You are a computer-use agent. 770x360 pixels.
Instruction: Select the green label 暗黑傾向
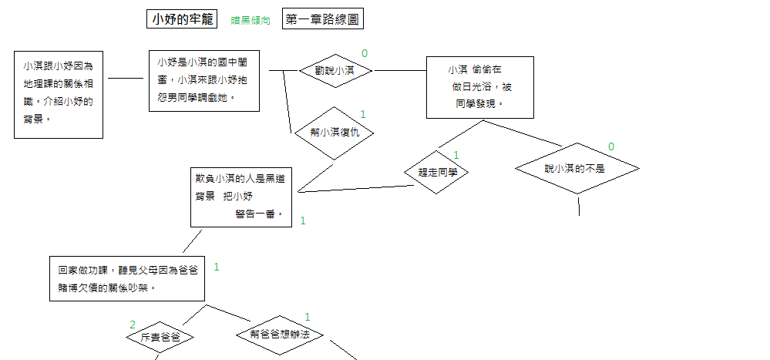(x=251, y=21)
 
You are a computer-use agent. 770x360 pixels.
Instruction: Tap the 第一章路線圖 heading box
(x=322, y=20)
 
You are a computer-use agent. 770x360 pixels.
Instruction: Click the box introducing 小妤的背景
(x=59, y=94)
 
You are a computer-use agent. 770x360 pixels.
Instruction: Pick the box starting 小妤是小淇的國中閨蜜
(x=203, y=81)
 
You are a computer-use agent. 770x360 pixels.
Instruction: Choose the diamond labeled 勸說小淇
(x=335, y=71)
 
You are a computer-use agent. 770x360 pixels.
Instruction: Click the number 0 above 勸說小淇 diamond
(x=365, y=53)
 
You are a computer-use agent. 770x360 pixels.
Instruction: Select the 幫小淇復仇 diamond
(x=334, y=133)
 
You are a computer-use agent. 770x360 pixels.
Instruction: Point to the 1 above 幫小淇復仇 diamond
(x=362, y=114)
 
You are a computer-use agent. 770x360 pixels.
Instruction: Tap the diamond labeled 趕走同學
(x=437, y=173)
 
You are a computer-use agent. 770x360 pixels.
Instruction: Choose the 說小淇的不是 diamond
(x=577, y=168)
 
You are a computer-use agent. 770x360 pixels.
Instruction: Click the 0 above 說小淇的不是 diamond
(x=611, y=146)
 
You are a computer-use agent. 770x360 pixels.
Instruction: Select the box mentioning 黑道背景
(x=241, y=197)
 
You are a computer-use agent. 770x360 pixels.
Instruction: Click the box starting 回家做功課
(x=127, y=278)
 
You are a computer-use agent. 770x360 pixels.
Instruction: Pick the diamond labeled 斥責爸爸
(x=158, y=338)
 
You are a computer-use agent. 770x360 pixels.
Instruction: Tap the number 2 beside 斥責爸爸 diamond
(x=133, y=325)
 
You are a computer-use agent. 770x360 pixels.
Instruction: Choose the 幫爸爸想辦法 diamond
(x=279, y=335)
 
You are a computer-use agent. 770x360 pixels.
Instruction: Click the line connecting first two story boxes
(x=126, y=78)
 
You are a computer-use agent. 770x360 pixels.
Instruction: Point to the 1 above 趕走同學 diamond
(x=456, y=155)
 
